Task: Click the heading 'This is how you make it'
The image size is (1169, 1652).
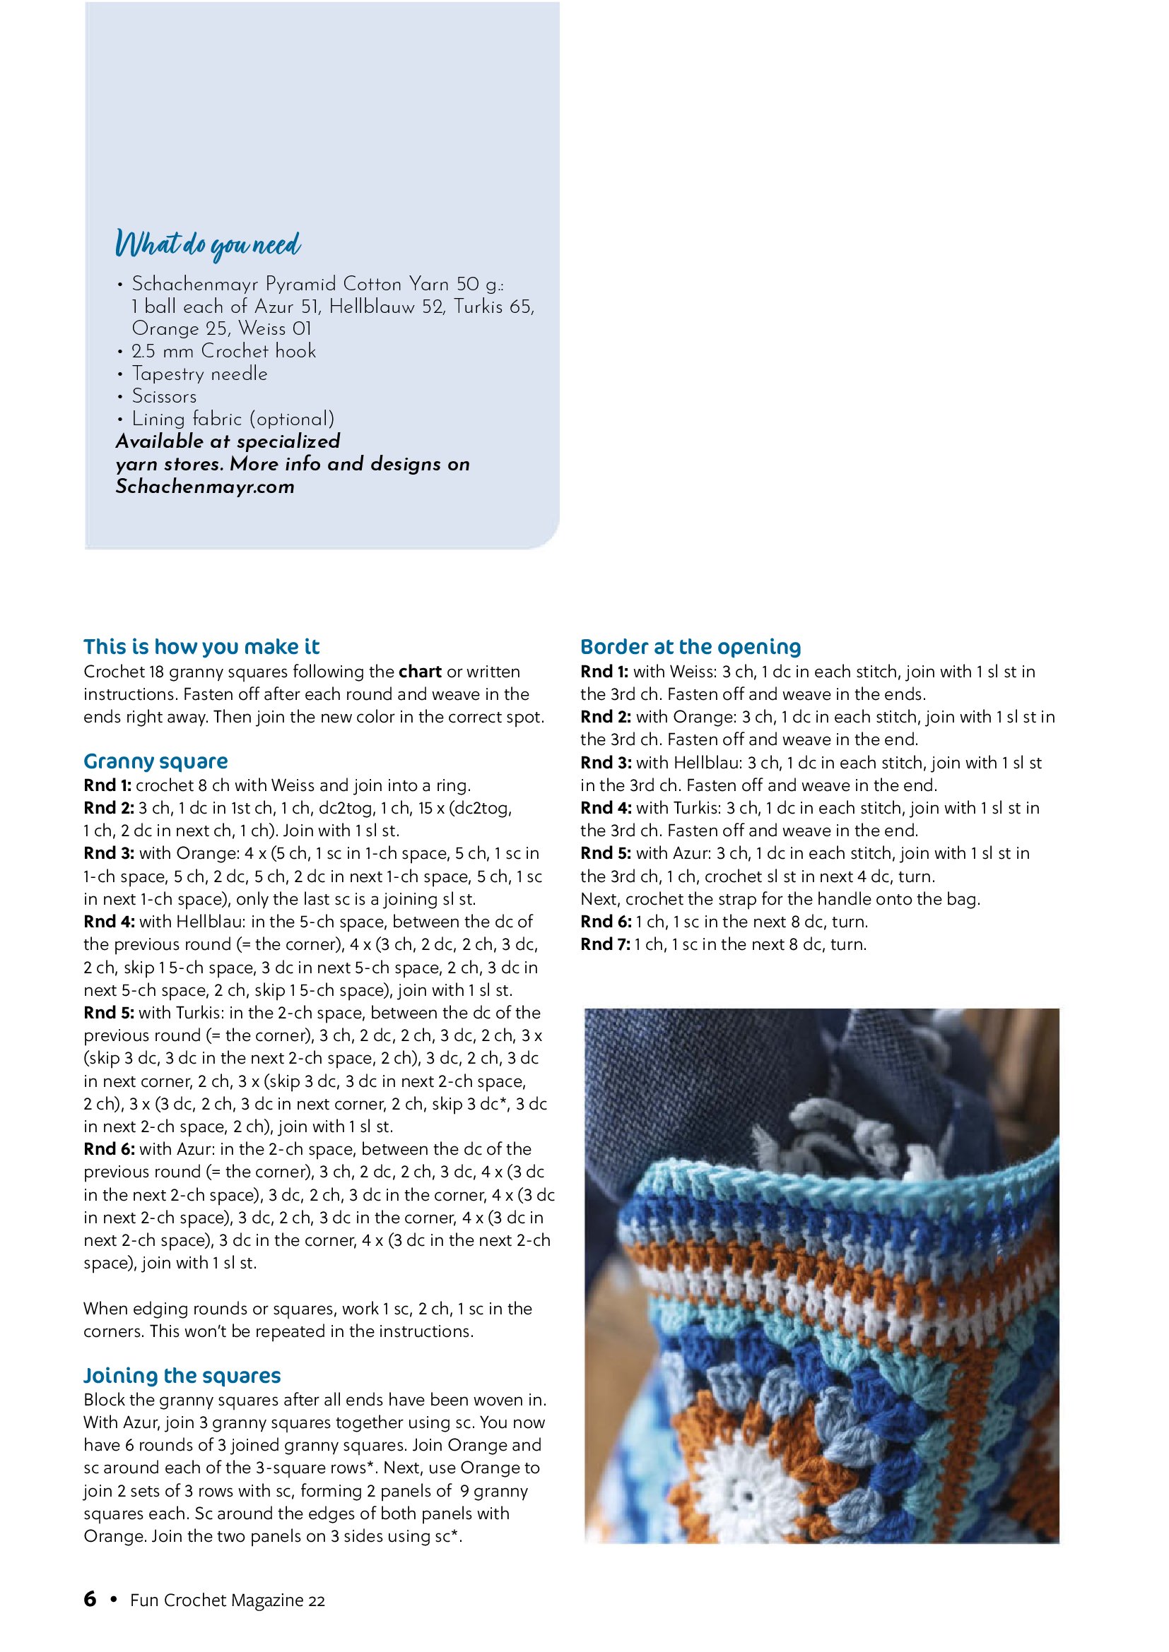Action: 201,646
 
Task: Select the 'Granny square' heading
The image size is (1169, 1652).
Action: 155,761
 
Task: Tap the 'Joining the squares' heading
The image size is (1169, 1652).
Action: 182,1375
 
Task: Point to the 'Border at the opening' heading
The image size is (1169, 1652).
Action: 691,646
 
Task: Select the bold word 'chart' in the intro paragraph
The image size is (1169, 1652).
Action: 421,671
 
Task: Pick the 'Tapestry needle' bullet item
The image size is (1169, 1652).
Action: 199,374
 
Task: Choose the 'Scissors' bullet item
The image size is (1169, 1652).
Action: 164,396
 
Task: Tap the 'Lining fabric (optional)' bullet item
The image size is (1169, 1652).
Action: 233,419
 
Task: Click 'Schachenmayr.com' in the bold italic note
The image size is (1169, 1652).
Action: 205,487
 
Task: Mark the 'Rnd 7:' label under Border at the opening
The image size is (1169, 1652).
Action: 606,944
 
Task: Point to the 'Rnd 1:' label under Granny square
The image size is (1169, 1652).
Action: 107,785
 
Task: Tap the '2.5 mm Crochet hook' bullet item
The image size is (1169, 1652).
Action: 224,351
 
